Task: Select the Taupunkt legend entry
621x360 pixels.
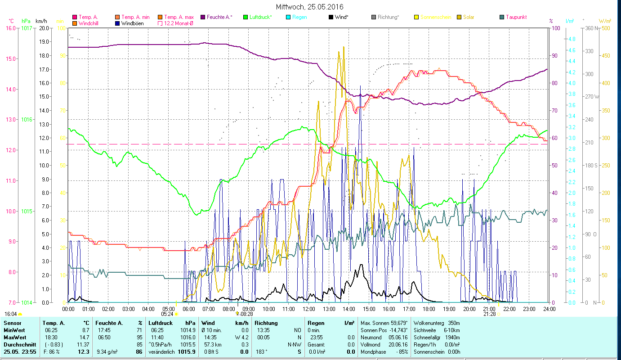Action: click(x=516, y=17)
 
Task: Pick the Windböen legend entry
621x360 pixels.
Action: click(x=132, y=23)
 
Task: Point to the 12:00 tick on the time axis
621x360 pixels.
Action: click(x=309, y=309)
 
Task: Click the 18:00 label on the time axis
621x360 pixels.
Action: click(x=429, y=309)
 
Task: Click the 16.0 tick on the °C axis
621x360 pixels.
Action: click(x=10, y=28)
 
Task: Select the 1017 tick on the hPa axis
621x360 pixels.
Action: click(x=27, y=28)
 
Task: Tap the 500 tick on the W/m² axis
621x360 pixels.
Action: click(x=606, y=28)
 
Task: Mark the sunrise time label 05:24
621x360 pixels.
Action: click(x=167, y=314)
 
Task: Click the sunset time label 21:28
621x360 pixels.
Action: click(x=490, y=314)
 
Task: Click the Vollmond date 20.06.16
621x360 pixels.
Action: click(x=398, y=344)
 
